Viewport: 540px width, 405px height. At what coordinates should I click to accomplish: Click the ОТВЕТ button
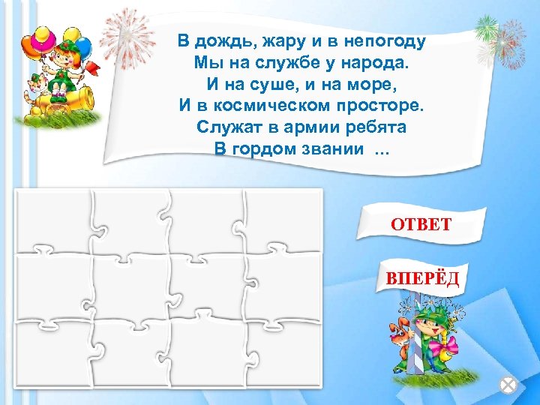pyautogui.click(x=420, y=223)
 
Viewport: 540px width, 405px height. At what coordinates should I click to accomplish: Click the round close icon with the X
pyautogui.click(x=508, y=385)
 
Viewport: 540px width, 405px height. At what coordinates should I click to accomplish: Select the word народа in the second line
pyautogui.click(x=382, y=62)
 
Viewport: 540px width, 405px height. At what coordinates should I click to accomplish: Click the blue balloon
pyautogui.click(x=82, y=46)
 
